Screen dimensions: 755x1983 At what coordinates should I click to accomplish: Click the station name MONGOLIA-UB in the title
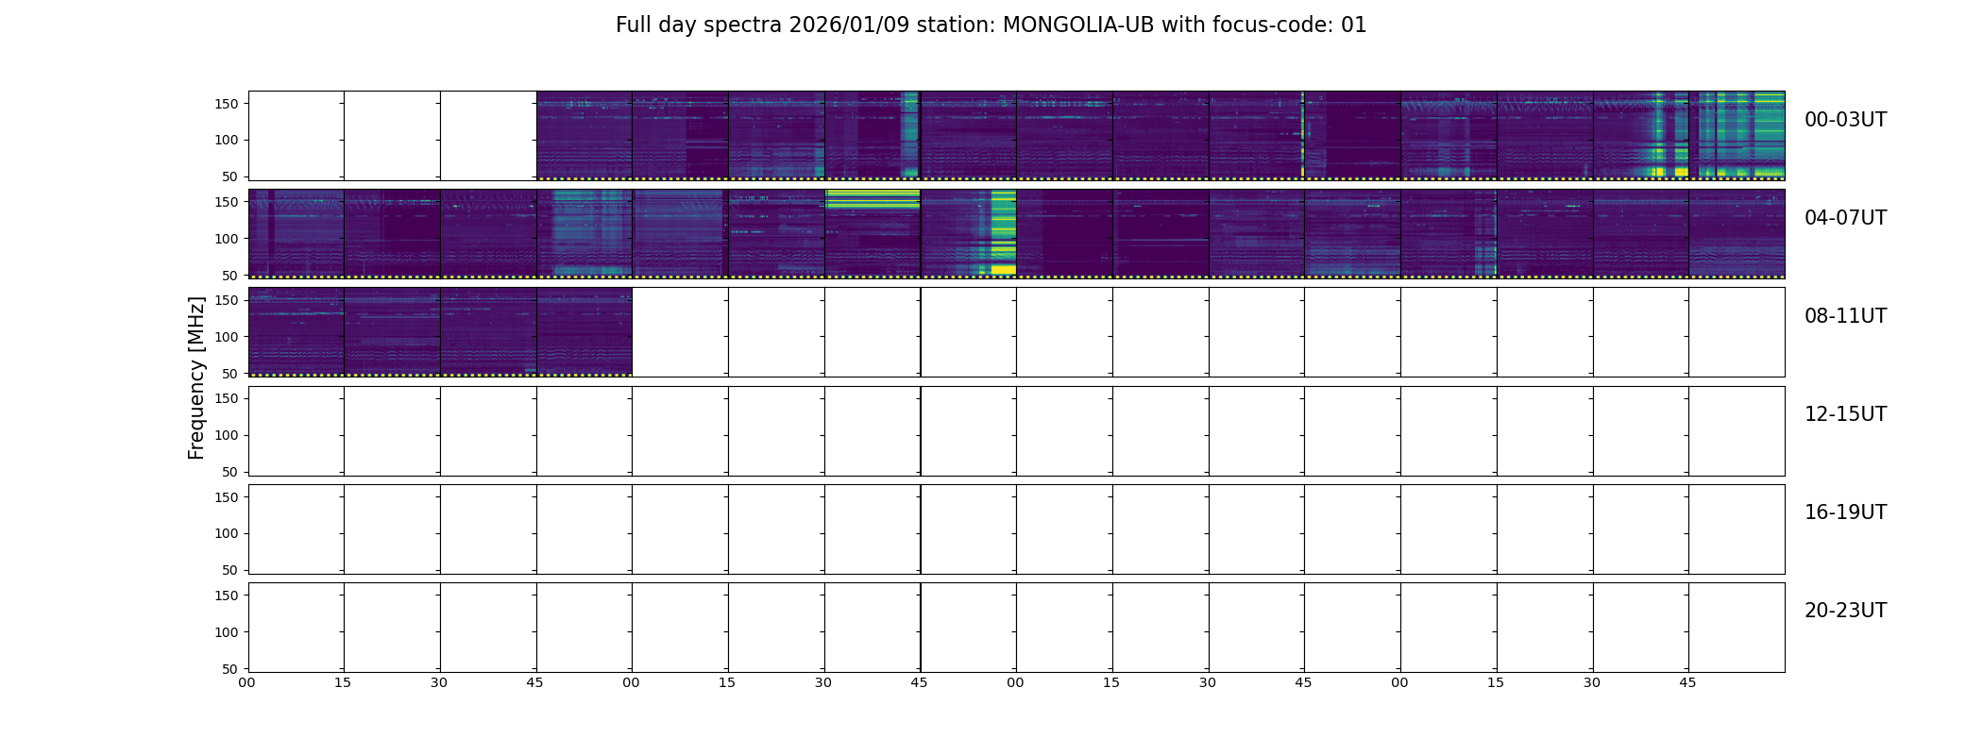(1078, 25)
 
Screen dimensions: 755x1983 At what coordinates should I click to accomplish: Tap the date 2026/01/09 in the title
(849, 25)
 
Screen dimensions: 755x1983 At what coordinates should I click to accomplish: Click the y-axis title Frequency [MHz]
(196, 377)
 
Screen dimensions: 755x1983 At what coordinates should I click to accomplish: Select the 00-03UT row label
(1845, 120)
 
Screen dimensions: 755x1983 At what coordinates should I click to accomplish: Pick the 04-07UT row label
(1845, 218)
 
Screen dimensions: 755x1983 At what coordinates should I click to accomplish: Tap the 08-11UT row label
(1845, 316)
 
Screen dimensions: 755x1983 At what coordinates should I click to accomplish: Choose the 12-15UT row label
(1845, 414)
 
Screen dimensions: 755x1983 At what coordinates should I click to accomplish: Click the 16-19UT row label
(1845, 512)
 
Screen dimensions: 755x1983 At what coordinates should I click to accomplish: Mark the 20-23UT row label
(1845, 611)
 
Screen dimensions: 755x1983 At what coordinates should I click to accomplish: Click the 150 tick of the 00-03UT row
(227, 104)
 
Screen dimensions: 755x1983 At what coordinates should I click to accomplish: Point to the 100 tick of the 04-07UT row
(227, 239)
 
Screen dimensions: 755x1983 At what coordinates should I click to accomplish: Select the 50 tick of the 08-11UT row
(230, 374)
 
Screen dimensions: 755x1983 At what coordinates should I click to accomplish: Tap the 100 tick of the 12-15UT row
(227, 435)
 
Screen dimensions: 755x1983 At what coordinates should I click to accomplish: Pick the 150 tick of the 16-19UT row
(227, 497)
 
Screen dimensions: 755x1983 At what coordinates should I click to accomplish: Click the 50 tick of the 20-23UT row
(230, 669)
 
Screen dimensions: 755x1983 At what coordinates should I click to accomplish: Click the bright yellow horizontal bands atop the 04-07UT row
(872, 198)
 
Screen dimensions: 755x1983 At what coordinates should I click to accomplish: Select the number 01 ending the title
(1354, 25)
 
